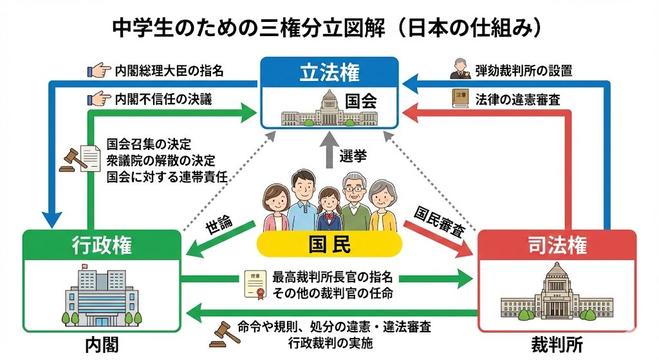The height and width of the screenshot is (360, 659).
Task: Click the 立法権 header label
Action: (329, 73)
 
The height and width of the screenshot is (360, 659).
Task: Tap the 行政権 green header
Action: (102, 245)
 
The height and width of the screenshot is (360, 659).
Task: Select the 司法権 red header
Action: (557, 245)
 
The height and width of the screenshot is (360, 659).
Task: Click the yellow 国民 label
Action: (329, 245)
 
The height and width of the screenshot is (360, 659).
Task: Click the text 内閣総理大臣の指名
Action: (169, 70)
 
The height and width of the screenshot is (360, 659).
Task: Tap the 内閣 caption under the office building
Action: (102, 344)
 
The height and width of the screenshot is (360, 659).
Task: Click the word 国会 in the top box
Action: (360, 101)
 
